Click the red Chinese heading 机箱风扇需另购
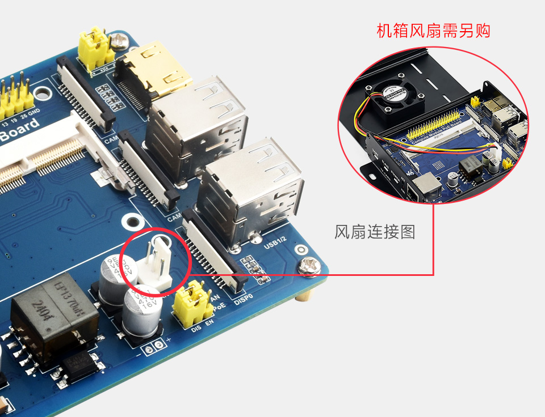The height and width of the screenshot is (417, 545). [x=433, y=31]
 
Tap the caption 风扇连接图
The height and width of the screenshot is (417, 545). [x=375, y=232]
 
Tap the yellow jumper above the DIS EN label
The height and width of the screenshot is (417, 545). [x=194, y=306]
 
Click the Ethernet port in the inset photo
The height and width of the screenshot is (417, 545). [x=423, y=186]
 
